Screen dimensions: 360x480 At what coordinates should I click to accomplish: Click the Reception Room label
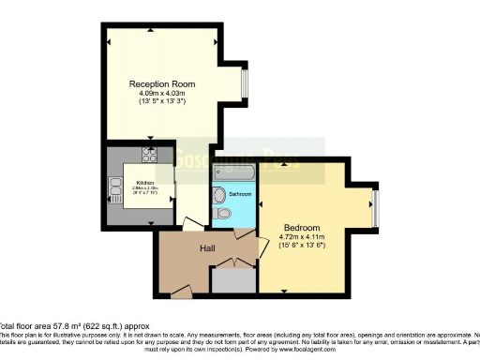coord(162,84)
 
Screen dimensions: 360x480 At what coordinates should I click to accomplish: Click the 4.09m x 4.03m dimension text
coord(162,93)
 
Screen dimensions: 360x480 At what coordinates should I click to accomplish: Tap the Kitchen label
coord(145,183)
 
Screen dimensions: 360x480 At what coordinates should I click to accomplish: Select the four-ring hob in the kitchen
coord(149,154)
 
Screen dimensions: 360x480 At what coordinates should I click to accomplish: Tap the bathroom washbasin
coord(217,195)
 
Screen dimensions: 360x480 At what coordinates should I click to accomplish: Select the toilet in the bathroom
coord(222,215)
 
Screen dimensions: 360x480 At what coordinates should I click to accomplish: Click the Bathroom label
coord(241,193)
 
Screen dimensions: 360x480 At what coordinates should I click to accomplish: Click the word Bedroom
coord(303,228)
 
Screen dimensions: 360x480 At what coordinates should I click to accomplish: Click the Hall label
coord(207,248)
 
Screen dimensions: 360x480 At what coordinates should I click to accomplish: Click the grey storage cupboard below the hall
coord(232,281)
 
